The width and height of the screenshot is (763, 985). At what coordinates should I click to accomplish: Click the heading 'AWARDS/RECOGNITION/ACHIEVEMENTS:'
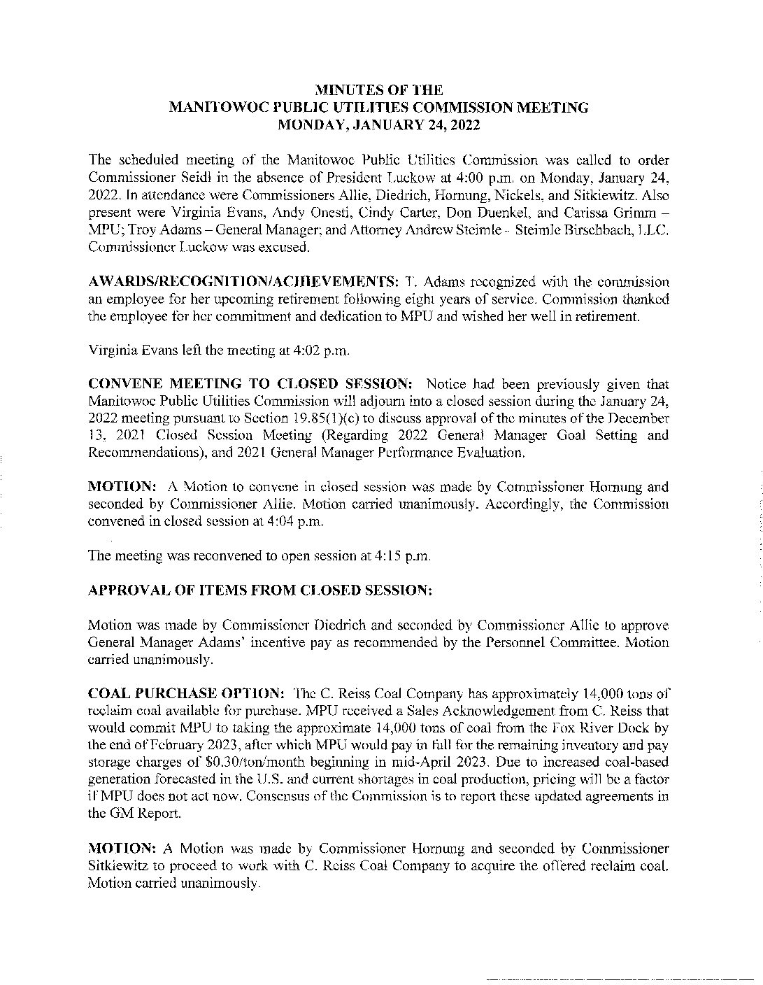point(243,283)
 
